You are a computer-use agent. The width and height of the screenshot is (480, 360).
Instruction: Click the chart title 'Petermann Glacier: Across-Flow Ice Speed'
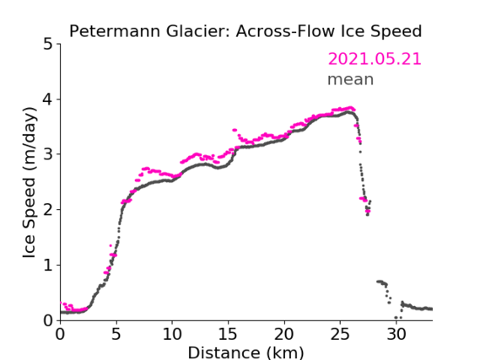245,31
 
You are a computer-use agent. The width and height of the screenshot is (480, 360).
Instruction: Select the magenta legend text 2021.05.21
375,59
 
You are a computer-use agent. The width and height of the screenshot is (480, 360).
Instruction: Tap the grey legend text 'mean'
351,79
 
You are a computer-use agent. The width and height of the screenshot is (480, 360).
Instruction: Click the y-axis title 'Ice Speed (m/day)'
30,183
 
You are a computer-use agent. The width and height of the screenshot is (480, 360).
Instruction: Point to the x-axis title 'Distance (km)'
245,352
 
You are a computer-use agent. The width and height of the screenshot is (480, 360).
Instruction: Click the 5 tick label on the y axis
48,44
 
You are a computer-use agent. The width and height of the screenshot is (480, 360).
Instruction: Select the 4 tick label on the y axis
48,99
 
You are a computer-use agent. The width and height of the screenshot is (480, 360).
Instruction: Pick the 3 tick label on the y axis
48,154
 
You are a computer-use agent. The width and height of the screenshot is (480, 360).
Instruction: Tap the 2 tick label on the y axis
48,210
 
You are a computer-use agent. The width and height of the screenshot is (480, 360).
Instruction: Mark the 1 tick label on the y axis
48,265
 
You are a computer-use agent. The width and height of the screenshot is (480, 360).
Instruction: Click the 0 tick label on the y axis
48,320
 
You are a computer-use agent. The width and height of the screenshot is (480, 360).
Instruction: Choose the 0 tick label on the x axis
60,335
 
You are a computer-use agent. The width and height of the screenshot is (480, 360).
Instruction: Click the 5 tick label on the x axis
116,335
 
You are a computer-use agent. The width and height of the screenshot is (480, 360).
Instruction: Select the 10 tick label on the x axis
172,335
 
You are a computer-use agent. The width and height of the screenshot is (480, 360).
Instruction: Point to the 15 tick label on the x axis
228,335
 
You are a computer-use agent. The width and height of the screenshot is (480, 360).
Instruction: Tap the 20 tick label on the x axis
284,335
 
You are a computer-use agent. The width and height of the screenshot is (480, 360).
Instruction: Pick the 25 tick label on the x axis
340,335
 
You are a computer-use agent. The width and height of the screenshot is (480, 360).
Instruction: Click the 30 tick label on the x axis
396,335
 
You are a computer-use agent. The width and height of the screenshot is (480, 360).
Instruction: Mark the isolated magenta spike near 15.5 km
235,130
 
